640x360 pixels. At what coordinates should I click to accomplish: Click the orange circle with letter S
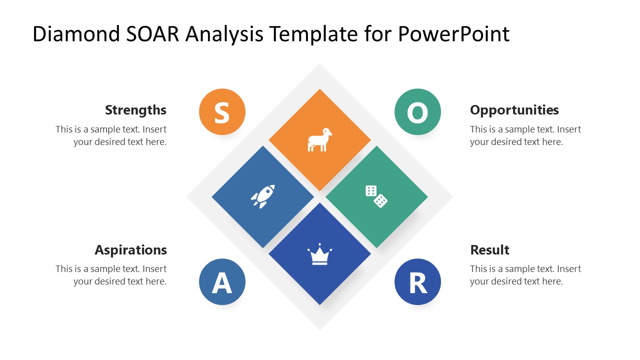point(222,112)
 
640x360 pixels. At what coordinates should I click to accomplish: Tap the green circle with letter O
point(417,112)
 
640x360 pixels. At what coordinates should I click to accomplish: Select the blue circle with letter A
point(222,281)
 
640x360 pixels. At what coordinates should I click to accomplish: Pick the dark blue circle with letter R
point(417,281)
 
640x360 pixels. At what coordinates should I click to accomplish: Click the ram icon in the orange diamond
point(319,140)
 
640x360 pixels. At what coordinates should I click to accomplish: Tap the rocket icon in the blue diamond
point(263,196)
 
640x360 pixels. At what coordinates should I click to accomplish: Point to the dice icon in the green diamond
point(376,196)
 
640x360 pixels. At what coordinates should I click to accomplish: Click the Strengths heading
point(135,110)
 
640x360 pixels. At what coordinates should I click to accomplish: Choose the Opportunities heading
point(514,110)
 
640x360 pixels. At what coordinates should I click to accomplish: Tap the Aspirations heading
point(130,250)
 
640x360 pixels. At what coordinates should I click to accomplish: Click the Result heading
point(489,250)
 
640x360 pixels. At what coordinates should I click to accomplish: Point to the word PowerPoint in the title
point(453,34)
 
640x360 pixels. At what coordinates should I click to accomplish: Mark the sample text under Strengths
point(111,135)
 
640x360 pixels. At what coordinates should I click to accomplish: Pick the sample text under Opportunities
point(525,135)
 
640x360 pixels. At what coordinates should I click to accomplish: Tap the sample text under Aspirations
point(111,275)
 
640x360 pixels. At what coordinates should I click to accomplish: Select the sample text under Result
point(525,275)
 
